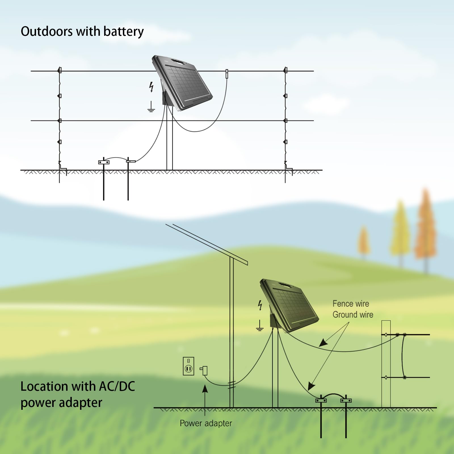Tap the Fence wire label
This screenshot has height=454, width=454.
coord(351,304)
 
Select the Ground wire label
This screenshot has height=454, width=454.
coord(353,315)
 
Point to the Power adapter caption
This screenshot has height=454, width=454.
coord(206,423)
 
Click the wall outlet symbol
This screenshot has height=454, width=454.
coord(188,366)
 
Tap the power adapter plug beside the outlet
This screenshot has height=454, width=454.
coord(204,370)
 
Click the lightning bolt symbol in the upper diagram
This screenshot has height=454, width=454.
coord(152,87)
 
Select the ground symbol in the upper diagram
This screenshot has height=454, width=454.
coord(151,107)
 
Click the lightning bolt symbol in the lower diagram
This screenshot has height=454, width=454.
coord(260,305)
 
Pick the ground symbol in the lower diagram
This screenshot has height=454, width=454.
coord(260,326)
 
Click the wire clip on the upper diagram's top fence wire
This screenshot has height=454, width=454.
coord(227,73)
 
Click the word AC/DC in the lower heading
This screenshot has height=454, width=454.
coord(117,386)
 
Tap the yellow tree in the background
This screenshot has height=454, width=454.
coord(400,230)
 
